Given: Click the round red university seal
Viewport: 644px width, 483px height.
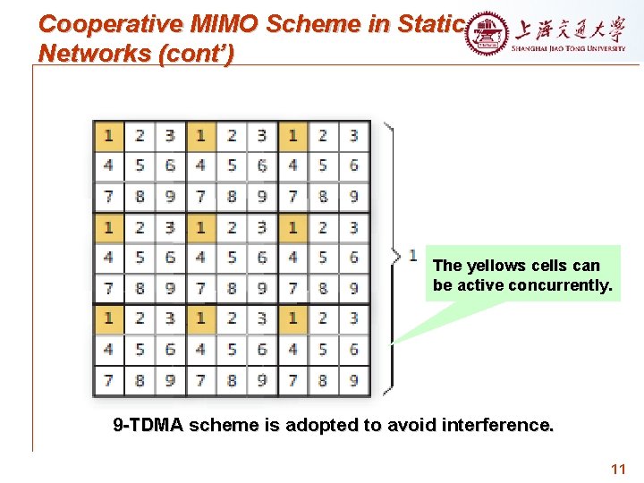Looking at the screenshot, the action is tap(487, 35).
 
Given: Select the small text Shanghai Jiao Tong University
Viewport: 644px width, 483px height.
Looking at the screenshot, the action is tap(569, 49).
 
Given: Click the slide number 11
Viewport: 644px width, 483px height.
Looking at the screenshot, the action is tap(617, 469).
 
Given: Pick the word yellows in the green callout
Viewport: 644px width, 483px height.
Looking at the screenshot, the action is tap(495, 266).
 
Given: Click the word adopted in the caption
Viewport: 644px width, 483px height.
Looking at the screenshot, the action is tap(297, 425).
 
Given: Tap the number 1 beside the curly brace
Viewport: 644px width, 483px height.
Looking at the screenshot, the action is tap(412, 256).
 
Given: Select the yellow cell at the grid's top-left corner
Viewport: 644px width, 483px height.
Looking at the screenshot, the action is tap(108, 135).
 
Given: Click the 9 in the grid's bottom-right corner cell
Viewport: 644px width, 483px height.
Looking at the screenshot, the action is tap(354, 379).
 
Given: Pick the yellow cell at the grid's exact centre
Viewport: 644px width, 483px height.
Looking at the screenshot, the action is tap(200, 227).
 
